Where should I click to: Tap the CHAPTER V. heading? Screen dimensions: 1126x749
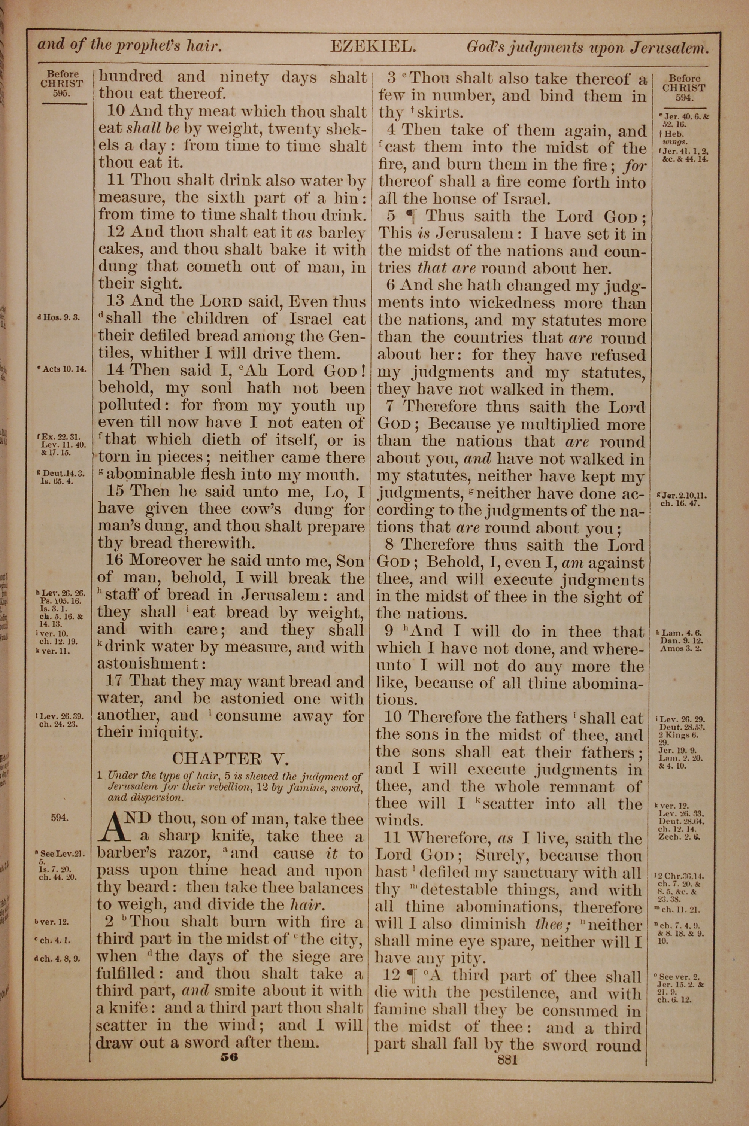tap(230, 758)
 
